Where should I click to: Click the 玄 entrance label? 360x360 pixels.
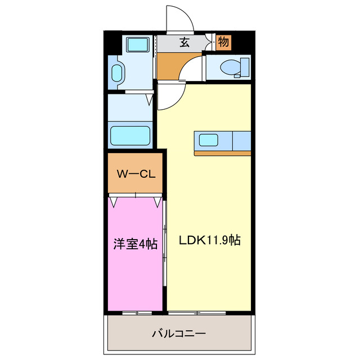[184, 42]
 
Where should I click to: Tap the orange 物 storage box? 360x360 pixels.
[223, 42]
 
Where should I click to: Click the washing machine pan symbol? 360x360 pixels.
[136, 44]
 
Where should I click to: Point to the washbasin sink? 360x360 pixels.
[117, 73]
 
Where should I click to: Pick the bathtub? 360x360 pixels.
[130, 136]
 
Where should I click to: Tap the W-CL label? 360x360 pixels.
[136, 174]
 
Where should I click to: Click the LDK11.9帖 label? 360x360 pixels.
[210, 240]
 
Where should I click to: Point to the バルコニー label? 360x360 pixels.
[179, 334]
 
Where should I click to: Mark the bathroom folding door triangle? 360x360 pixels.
[149, 100]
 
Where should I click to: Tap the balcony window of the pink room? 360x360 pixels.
[136, 312]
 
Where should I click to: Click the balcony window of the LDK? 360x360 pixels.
[197, 312]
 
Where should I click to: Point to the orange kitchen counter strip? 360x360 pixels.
[222, 153]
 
